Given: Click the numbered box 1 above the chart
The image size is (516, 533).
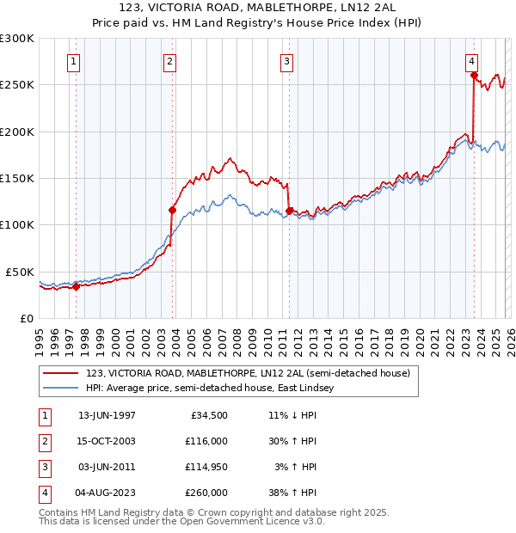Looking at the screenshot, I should pyautogui.click(x=74, y=61).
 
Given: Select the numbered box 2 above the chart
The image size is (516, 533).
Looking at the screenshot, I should pyautogui.click(x=170, y=61).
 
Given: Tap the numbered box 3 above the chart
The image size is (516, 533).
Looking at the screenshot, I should pyautogui.click(x=286, y=61).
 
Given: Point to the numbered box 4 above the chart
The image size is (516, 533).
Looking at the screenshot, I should pyautogui.click(x=472, y=61).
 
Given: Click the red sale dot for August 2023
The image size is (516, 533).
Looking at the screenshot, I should pyautogui.click(x=474, y=76).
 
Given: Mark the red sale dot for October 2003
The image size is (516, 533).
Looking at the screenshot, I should pyautogui.click(x=172, y=210).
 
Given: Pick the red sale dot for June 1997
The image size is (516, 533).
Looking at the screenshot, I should pyautogui.click(x=76, y=286).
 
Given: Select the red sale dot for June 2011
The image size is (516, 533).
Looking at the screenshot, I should pyautogui.click(x=289, y=211).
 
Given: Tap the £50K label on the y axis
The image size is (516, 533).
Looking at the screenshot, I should pyautogui.click(x=20, y=272).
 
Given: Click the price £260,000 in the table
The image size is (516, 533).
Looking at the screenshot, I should pyautogui.click(x=207, y=493).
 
